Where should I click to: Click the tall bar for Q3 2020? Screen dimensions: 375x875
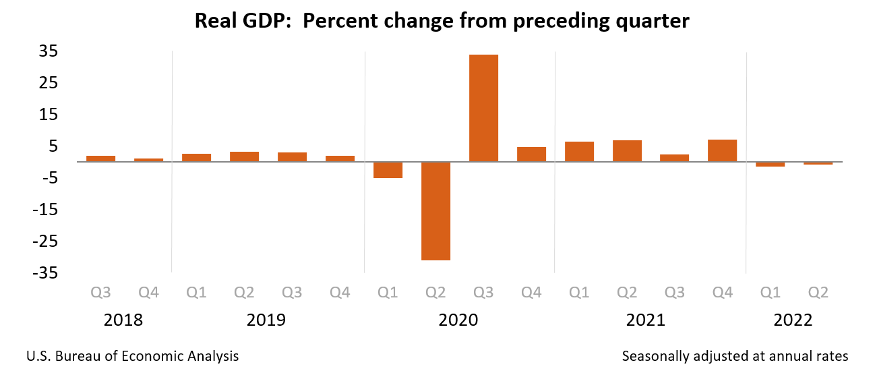(x=483, y=108)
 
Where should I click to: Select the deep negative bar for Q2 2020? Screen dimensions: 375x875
(x=435, y=211)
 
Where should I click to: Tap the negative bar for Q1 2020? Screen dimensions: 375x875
(x=388, y=170)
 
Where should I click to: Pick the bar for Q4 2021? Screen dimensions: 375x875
(x=722, y=150)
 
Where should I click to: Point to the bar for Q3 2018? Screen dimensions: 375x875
(x=100, y=159)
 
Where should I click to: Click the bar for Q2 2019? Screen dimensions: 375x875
(x=244, y=156)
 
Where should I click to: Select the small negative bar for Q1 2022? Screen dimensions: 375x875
(x=770, y=165)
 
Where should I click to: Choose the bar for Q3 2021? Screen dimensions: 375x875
(x=674, y=158)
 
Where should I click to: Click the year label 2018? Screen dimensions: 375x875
(x=123, y=320)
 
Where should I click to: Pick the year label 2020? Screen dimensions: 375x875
(x=458, y=320)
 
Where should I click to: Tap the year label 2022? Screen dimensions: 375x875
(x=793, y=320)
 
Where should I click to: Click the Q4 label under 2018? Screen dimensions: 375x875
(x=148, y=293)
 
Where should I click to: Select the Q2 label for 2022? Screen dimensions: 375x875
(x=818, y=293)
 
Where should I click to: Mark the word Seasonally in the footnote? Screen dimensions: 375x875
(x=655, y=356)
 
